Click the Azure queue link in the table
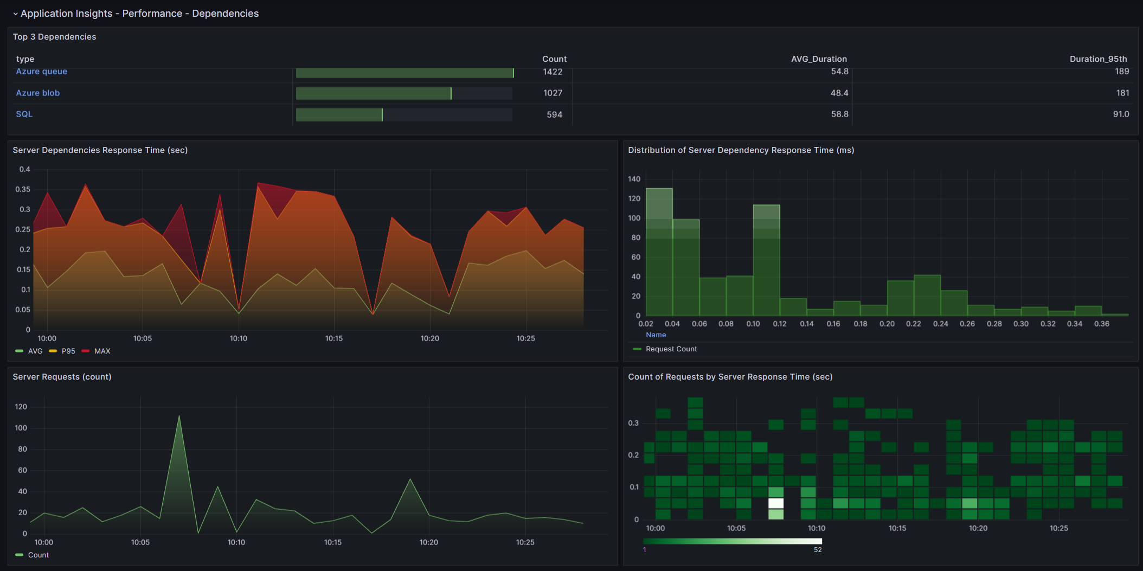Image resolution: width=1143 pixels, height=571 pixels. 42,72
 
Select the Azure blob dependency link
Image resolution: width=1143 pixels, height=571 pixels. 38,93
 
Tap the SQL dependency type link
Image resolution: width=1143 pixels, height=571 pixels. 24,114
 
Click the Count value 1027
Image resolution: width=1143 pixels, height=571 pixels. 553,93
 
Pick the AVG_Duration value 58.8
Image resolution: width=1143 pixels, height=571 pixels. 840,114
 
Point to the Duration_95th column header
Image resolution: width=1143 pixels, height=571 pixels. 1099,59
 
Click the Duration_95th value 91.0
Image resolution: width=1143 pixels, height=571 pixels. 1121,114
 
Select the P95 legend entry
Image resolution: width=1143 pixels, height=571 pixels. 62,351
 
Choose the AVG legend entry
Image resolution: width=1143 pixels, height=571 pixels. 29,351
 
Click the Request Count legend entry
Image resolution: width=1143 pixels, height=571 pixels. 665,349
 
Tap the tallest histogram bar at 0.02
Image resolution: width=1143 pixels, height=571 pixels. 659,252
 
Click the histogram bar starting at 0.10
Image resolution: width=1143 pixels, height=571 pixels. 767,260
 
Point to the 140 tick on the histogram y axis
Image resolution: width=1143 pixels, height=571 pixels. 634,179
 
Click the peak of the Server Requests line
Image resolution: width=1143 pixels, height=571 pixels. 179,416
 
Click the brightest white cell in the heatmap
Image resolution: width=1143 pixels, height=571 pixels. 776,503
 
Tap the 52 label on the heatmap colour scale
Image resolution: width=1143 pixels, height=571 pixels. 818,550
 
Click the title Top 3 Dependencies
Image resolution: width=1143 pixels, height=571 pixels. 54,37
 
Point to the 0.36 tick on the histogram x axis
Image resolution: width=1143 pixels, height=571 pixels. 1102,324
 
